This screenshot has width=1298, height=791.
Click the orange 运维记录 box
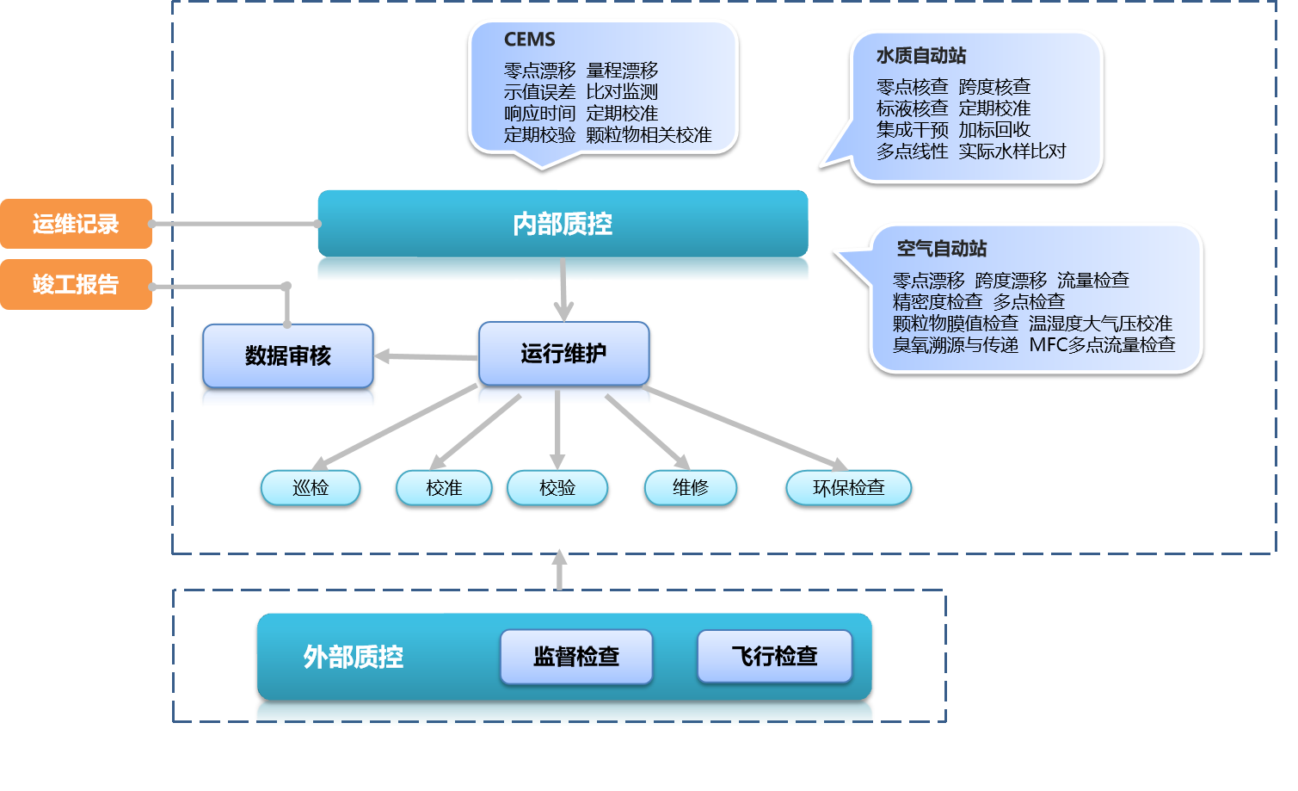point(76,224)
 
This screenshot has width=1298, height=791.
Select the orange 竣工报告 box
point(76,284)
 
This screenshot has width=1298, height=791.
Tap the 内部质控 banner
point(563,224)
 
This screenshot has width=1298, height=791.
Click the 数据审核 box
point(288,355)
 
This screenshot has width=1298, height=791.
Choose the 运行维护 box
point(563,353)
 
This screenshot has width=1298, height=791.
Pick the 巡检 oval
point(311,487)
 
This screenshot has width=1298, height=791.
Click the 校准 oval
point(444,487)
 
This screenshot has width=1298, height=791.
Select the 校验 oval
point(557,487)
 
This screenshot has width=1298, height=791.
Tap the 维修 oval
point(691,487)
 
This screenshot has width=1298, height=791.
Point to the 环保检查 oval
point(848,487)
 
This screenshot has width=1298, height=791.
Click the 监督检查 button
point(576,657)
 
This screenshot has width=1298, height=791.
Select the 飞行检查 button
point(774,657)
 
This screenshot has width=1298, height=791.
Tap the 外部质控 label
point(353,657)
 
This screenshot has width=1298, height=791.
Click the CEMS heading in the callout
point(529,40)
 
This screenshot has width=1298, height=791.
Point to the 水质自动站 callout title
point(921,56)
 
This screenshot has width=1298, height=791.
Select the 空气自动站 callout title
point(942,249)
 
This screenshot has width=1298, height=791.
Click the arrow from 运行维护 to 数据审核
point(426,356)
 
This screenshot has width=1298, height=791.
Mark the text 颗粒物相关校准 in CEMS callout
point(649,135)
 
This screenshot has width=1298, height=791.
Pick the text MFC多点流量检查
point(1102,345)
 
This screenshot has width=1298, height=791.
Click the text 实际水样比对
point(1012,151)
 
